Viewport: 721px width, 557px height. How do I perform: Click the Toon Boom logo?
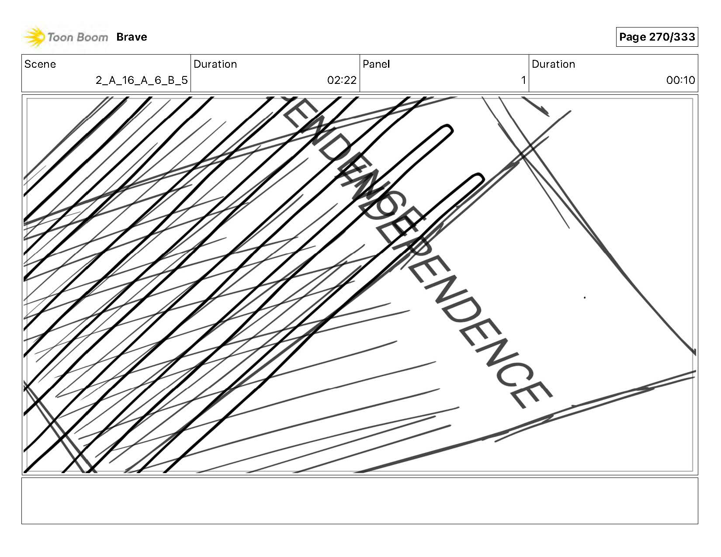[66, 37]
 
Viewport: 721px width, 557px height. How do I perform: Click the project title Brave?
[132, 37]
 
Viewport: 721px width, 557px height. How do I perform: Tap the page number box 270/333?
[657, 37]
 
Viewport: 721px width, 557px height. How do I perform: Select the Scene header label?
[40, 64]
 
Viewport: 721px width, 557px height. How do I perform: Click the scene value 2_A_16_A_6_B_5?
[142, 80]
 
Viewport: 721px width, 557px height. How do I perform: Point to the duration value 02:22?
[342, 80]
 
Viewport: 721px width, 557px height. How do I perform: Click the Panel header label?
[376, 64]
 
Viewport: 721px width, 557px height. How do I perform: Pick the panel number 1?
[523, 80]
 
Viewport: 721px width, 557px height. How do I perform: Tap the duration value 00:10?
[680, 80]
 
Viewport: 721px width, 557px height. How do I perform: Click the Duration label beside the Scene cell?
[215, 64]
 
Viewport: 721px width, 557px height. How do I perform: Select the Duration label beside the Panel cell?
[553, 64]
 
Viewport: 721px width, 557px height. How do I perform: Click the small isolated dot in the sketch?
[585, 298]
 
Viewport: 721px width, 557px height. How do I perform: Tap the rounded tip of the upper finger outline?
[447, 130]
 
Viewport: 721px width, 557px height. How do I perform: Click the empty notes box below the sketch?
[360, 501]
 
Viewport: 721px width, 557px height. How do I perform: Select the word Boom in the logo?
[93, 37]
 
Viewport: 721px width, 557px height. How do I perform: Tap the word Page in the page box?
[632, 37]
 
